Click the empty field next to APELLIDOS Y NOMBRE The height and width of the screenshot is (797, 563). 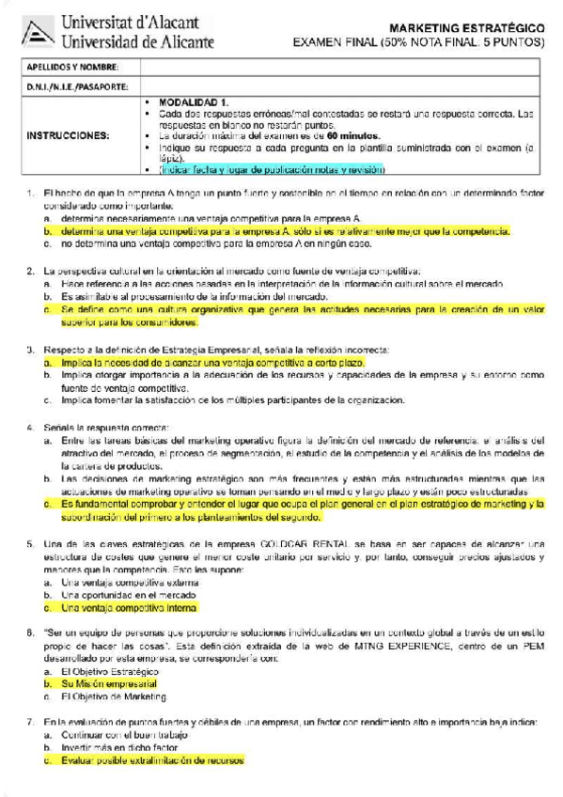[x=343, y=67]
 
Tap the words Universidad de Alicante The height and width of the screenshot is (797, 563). [x=137, y=41]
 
